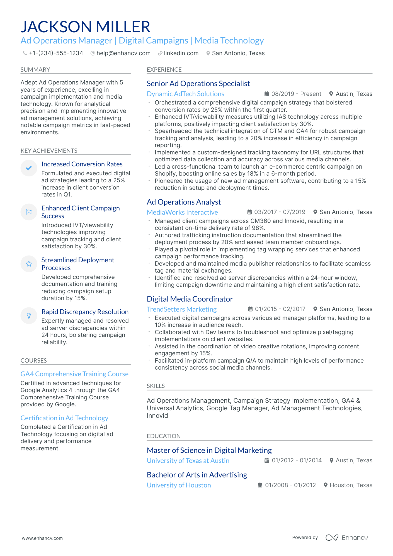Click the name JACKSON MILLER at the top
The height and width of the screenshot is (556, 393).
(85, 27)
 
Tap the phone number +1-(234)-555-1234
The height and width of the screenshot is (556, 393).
(56, 53)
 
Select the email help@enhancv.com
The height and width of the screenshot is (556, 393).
(123, 53)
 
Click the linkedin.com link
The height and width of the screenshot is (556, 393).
(181, 53)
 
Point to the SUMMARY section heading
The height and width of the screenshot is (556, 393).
(35, 70)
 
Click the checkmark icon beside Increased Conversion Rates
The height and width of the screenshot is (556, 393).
(29, 168)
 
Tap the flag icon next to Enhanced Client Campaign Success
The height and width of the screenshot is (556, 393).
(29, 212)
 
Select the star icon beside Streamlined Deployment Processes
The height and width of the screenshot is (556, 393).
(29, 264)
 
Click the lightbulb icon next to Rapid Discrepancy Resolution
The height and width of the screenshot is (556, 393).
(29, 315)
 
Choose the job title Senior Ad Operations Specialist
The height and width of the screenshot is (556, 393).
(198, 84)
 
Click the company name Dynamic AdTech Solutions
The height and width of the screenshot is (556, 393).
(185, 94)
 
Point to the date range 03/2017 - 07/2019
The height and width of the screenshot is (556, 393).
(280, 212)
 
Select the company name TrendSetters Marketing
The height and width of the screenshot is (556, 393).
(181, 309)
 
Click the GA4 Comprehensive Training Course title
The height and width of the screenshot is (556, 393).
(74, 374)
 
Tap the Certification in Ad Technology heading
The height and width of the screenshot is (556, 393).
(64, 418)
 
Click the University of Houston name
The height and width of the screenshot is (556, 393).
(179, 485)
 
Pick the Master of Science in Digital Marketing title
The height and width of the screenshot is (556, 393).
(209, 450)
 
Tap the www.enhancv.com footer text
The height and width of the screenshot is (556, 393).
(42, 538)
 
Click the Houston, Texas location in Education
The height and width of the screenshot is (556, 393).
(351, 485)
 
